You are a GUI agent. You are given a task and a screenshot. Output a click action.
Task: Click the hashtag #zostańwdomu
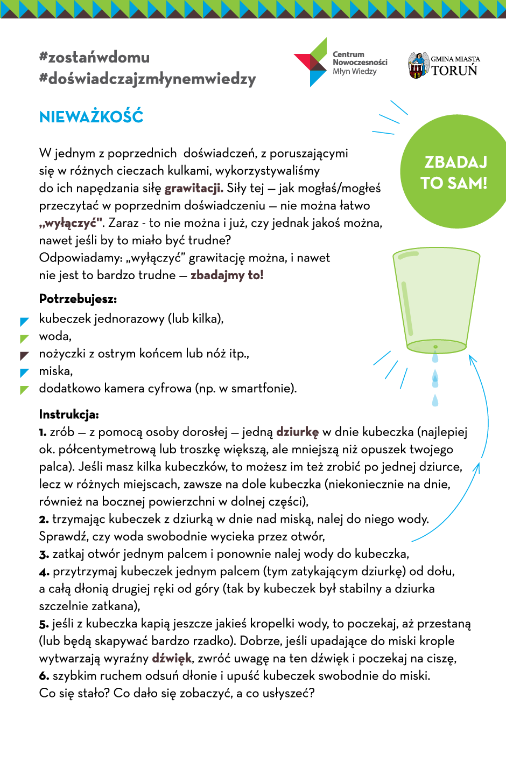click(94, 57)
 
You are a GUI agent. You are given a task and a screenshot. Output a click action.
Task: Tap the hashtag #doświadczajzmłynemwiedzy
click(147, 79)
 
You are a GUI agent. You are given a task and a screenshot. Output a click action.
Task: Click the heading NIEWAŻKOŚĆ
click(91, 117)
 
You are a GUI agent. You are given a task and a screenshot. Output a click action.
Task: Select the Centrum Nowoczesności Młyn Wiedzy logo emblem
click(311, 63)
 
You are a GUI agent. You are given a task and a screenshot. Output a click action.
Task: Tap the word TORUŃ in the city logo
click(454, 71)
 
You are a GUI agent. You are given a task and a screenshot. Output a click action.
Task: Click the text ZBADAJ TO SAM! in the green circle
click(455, 172)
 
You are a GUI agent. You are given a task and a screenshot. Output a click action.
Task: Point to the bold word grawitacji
click(194, 188)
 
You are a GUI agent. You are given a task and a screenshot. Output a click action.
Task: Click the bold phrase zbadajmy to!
click(227, 275)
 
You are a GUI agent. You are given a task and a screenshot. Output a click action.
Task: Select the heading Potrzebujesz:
click(78, 299)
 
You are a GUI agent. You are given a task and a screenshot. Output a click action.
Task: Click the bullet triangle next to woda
click(24, 338)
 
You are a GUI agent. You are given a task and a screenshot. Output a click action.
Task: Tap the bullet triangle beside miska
click(24, 373)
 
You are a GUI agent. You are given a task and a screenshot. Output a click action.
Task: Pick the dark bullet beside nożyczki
click(24, 356)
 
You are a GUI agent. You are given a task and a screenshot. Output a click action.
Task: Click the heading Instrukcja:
click(69, 414)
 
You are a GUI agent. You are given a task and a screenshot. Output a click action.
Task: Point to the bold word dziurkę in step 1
click(297, 432)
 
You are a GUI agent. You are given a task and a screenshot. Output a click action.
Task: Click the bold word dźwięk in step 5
click(172, 658)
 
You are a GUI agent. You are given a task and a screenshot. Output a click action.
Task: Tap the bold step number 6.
click(44, 676)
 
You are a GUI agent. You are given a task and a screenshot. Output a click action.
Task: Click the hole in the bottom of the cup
click(435, 347)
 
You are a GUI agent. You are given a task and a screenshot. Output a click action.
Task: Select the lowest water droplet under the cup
click(435, 400)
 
